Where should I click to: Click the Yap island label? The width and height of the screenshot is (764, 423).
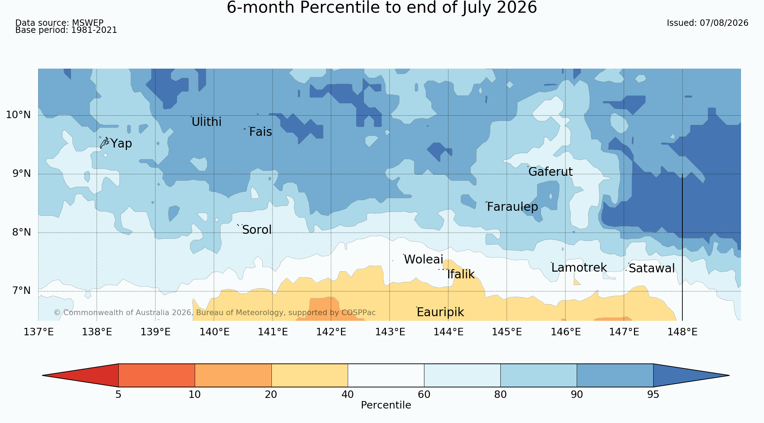(x=121, y=144)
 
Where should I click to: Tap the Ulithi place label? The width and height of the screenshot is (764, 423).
(x=206, y=122)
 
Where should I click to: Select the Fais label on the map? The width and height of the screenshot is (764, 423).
(x=260, y=132)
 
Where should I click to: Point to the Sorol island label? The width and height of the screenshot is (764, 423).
(x=257, y=230)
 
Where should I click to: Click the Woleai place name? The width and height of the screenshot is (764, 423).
(x=423, y=260)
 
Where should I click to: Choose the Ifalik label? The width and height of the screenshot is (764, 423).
(x=461, y=274)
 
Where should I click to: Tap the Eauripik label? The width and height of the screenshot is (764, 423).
(x=440, y=312)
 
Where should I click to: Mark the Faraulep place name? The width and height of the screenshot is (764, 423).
(x=512, y=207)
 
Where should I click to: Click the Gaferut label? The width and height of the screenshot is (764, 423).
(x=551, y=172)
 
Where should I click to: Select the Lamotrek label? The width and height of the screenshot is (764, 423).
(x=579, y=268)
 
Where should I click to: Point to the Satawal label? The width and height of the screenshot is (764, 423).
(x=652, y=268)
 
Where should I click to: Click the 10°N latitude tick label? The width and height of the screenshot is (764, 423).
(x=18, y=115)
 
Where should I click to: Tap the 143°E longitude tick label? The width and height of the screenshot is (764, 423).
(x=390, y=332)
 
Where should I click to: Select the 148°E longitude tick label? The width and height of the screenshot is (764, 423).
(x=682, y=332)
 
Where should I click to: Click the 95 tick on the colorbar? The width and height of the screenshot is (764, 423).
(x=653, y=394)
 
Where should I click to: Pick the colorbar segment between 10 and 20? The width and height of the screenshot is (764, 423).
(x=233, y=375)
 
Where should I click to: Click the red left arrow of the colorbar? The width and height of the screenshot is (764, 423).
(x=80, y=375)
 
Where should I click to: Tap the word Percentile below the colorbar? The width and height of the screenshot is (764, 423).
(x=386, y=405)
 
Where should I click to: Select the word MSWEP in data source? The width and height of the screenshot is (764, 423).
(x=88, y=23)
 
